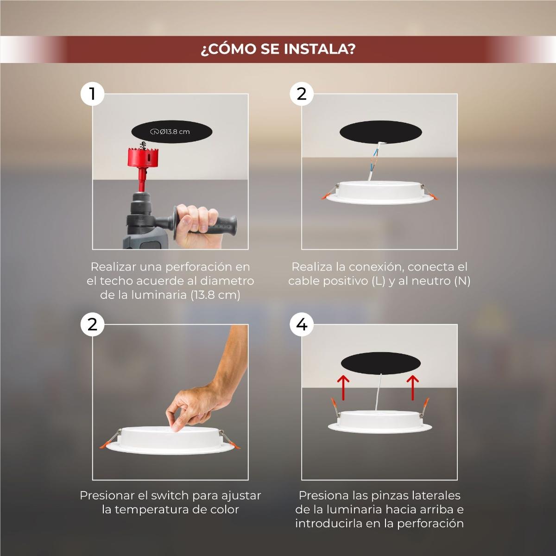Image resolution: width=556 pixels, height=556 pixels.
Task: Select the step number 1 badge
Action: coord(92,94)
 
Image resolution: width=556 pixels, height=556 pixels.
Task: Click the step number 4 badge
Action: coord(302,325)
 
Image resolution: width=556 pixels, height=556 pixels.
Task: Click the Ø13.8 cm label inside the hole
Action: coord(170,132)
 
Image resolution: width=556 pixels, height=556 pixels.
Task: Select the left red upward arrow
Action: coord(343,387)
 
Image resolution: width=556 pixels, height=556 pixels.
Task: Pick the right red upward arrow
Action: coord(413,387)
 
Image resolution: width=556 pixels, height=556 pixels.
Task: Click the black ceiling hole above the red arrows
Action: coord(380,363)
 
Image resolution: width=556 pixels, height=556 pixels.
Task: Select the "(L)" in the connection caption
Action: coord(378,281)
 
